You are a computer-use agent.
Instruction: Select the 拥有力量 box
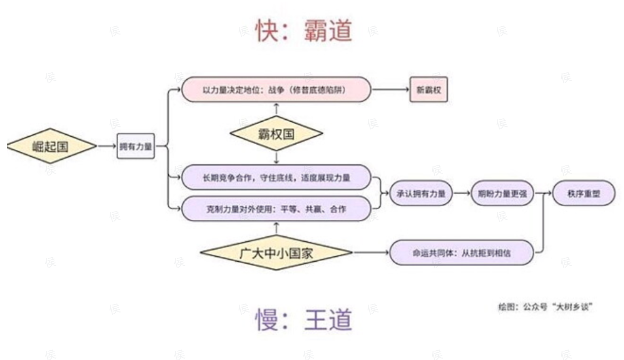tap(135, 146)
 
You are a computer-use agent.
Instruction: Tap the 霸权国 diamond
tap(276, 134)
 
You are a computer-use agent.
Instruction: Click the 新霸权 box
tap(428, 90)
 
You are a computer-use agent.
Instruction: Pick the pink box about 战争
tap(276, 90)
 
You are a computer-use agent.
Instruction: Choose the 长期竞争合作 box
tap(276, 178)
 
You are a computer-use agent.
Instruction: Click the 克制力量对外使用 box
tap(276, 209)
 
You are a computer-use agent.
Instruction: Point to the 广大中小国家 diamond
tap(276, 253)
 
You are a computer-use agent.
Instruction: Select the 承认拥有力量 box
tap(421, 194)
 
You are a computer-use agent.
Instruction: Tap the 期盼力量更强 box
tap(502, 194)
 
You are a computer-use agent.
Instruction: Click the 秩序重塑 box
tap(584, 194)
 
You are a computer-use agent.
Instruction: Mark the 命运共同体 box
tap(461, 253)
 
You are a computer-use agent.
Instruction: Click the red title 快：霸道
tap(303, 31)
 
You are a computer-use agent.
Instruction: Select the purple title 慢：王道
tap(303, 320)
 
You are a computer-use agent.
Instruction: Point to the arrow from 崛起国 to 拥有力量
tap(107, 146)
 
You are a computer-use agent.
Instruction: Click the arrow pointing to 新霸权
tap(390, 89)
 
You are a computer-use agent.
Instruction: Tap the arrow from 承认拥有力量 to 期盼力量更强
tap(462, 193)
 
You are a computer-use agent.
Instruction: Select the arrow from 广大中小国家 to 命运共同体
tap(370, 253)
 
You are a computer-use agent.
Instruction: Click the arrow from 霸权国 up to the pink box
tap(276, 109)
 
